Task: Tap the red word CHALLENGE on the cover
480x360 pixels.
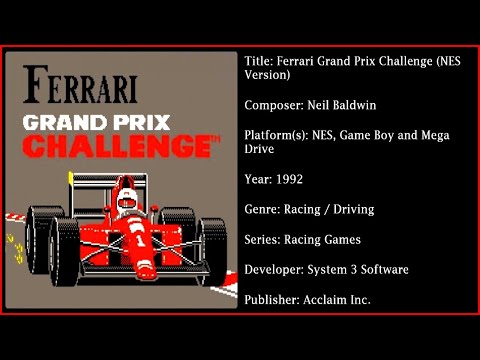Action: click(x=114, y=146)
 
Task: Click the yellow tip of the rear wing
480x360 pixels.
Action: click(x=69, y=177)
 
